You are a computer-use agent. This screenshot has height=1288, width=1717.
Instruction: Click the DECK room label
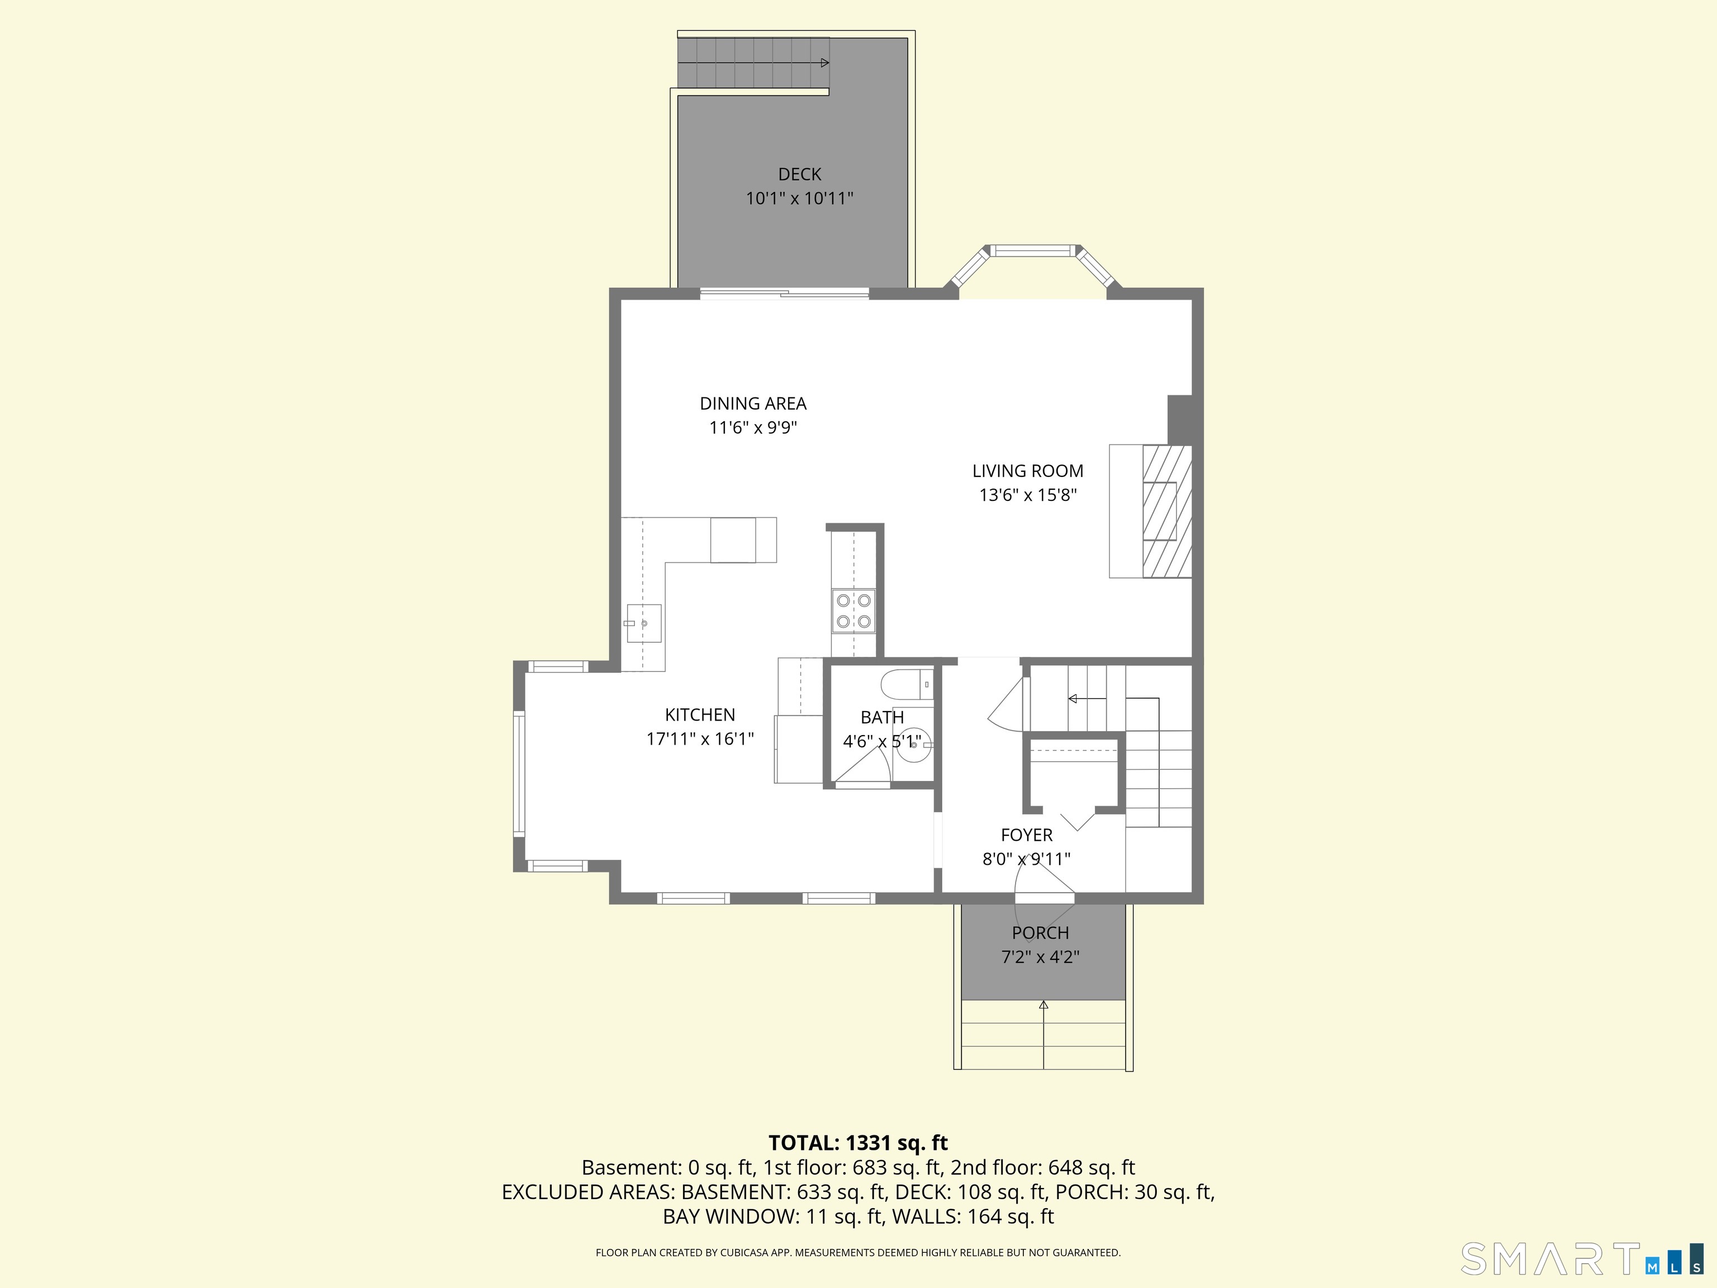click(799, 174)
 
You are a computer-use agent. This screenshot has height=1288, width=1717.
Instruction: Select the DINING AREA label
click(753, 404)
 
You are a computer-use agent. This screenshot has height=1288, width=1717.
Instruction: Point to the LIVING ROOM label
click(1028, 471)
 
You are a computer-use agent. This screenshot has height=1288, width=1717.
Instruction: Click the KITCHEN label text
click(700, 715)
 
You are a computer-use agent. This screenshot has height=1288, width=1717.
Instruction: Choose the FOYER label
click(1027, 835)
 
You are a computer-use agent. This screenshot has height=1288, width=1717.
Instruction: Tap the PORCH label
click(1040, 933)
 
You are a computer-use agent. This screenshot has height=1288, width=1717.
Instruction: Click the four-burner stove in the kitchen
click(853, 611)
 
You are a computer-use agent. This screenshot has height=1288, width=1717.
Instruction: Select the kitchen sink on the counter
click(643, 623)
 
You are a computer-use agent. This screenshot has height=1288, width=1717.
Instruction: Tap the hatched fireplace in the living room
click(1166, 511)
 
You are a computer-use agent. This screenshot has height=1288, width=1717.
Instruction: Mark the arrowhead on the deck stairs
click(825, 63)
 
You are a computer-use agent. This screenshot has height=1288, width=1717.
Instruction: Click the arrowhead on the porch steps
click(1044, 1005)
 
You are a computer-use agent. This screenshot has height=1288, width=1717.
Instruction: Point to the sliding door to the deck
click(784, 293)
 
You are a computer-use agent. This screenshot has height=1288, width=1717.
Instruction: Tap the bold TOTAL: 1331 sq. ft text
click(858, 1143)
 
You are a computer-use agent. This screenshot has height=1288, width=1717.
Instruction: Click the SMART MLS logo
click(1582, 1259)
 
